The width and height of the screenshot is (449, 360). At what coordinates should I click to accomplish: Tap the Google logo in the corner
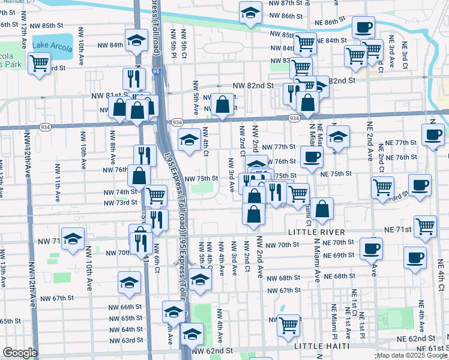click(x=20, y=352)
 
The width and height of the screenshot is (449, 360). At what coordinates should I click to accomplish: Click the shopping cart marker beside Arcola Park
click(x=39, y=62)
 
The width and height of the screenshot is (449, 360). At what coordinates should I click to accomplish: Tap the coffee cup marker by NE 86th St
click(x=363, y=27)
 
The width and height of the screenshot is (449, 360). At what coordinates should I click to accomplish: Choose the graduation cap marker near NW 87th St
click(x=250, y=12)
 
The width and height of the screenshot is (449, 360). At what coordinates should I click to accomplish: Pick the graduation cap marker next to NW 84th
click(x=137, y=41)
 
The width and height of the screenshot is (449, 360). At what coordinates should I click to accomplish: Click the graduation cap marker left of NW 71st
click(x=73, y=239)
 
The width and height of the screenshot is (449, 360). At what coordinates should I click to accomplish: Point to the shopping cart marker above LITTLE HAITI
click(x=289, y=325)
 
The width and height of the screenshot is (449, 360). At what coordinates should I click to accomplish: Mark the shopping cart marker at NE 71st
click(x=425, y=227)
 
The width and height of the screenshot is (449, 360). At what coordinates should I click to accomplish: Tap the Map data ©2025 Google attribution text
click(x=412, y=355)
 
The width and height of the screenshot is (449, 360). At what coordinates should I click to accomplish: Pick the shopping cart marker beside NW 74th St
click(x=156, y=194)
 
